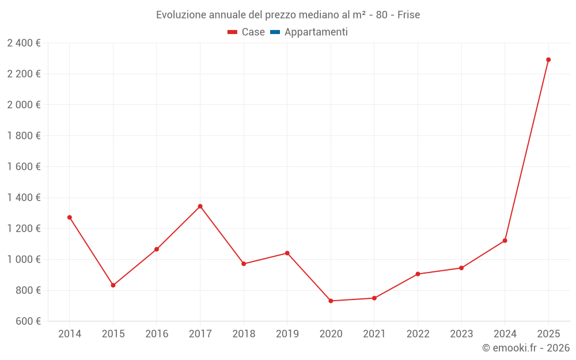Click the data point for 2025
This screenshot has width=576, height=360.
coord(548,60)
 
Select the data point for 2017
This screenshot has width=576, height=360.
coord(200,206)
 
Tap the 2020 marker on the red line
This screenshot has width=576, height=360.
coord(331,301)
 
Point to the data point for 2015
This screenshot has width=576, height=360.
coord(113,285)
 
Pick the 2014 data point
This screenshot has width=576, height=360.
coord(70,217)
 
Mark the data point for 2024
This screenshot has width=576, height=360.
coord(505,240)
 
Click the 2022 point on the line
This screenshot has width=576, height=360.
coord(418,274)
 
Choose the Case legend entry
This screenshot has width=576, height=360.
coord(246,32)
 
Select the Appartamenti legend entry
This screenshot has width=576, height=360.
coord(309,32)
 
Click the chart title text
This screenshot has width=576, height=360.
coord(288,14)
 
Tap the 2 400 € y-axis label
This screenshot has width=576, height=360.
coord(24,43)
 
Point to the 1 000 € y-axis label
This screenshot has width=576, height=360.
coord(24,259)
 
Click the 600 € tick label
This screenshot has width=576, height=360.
coord(28,321)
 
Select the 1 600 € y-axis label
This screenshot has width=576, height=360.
coord(24,166)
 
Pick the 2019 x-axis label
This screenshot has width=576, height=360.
coord(287,334)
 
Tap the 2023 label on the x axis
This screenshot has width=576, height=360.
coord(461,334)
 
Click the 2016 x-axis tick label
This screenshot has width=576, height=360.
coord(157,334)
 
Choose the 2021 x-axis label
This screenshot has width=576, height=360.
coord(374,334)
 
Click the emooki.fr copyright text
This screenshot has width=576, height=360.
coord(525,348)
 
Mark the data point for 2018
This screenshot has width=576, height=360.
coord(244,264)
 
